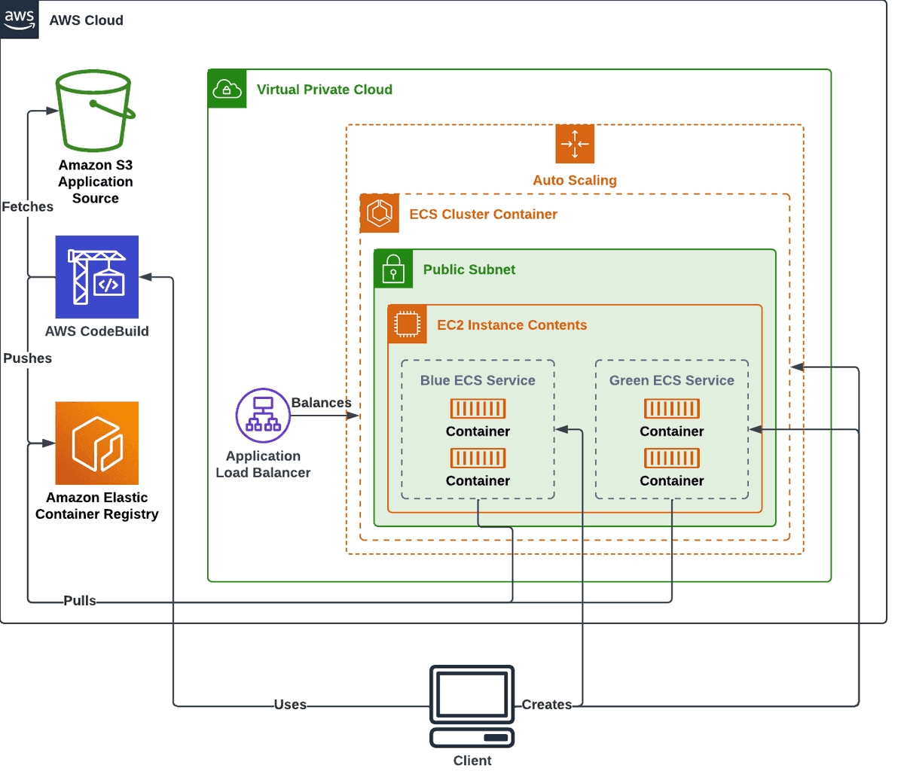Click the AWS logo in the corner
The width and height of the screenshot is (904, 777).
[20, 20]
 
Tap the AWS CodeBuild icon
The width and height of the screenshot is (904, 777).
[97, 277]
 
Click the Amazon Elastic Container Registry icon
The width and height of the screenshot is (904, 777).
[97, 443]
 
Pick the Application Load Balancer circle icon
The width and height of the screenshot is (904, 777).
[263, 415]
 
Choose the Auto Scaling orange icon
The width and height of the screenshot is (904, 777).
[575, 144]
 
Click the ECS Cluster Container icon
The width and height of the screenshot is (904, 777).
[380, 213]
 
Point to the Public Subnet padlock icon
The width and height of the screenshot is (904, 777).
[393, 269]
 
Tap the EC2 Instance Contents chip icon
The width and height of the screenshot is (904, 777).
[407, 325]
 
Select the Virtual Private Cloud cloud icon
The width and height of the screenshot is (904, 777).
[227, 89]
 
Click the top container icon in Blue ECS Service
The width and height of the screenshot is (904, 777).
[478, 409]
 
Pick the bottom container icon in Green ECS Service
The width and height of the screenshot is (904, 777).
[672, 458]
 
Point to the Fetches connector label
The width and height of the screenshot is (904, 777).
[28, 206]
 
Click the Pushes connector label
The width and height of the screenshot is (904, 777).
[28, 358]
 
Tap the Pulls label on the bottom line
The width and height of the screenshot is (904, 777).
[80, 601]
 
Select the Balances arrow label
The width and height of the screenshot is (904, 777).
[322, 403]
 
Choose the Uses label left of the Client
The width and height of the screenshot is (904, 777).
[290, 705]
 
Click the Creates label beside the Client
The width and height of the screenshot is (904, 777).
[547, 705]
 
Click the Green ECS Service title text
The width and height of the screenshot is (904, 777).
[672, 380]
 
